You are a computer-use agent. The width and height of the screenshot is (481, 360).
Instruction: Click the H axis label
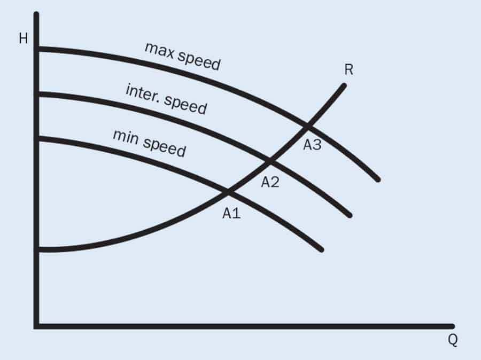23,40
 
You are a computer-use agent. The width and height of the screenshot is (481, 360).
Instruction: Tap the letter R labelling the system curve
350,69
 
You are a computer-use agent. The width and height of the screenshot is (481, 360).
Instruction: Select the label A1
232,214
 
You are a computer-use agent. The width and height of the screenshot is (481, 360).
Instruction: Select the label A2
270,182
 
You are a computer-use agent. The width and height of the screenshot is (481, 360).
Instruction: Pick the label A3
312,144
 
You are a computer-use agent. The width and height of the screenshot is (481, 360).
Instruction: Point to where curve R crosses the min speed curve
229,191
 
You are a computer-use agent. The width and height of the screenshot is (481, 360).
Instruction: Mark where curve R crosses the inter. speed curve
270,160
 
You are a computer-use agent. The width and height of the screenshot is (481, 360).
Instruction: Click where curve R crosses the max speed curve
307,127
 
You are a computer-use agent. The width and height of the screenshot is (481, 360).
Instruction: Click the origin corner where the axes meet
36,326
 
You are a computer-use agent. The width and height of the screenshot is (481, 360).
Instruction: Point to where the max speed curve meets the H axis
37,49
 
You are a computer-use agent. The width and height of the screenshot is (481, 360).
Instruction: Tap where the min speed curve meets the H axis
37,139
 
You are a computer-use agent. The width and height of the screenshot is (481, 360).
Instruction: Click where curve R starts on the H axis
37,249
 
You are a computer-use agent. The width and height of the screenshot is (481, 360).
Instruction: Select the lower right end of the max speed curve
378,180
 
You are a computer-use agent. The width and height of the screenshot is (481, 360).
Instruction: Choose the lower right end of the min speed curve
322,249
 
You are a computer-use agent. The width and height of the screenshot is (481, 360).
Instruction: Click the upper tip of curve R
345,85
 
